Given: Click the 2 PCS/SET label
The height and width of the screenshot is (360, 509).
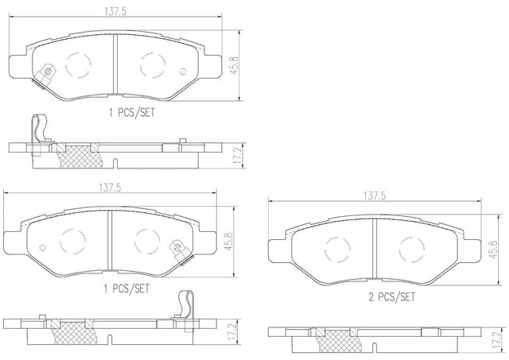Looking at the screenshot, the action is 391,296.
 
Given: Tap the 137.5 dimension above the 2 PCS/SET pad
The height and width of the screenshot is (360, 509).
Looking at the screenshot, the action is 375,195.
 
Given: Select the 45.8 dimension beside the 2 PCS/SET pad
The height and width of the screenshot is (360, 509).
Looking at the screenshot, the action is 493,249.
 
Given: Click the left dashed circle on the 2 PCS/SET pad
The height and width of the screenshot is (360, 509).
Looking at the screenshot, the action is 337,250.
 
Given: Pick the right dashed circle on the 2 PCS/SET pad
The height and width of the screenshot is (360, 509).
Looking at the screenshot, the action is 412,250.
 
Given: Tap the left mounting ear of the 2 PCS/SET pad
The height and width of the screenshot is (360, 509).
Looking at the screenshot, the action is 277,251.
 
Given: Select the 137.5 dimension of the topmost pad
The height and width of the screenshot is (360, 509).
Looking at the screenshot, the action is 115,11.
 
